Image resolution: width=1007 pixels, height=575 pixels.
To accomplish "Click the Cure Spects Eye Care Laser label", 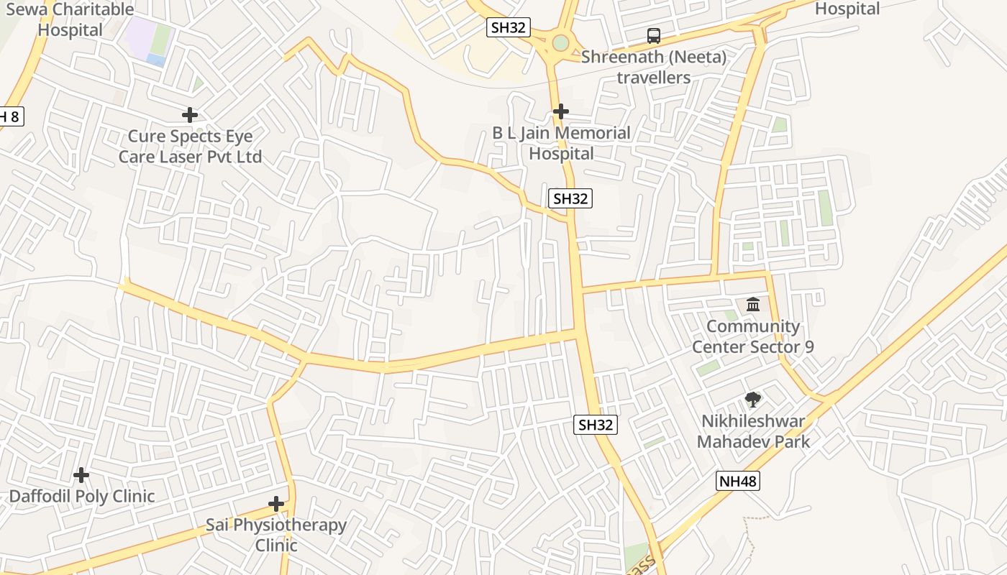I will (190, 147).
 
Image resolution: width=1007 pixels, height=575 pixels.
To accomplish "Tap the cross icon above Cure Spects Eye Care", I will (190, 115).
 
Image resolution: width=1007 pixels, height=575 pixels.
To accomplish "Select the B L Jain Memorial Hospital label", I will (561, 143).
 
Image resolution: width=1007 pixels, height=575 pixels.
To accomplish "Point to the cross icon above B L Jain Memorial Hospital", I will (561, 111).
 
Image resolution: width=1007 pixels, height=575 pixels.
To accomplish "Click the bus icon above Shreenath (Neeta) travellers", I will (653, 36).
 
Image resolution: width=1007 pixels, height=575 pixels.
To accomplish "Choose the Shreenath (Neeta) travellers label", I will (653, 67).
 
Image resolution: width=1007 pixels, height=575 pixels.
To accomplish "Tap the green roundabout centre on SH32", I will (560, 43).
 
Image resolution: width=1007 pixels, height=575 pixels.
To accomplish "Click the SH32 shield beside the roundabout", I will (509, 28).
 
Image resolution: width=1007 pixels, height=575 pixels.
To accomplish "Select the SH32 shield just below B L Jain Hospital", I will (570, 199).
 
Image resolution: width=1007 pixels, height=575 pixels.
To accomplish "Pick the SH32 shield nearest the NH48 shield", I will (596, 425).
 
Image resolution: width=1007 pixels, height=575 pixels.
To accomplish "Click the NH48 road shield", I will (737, 481).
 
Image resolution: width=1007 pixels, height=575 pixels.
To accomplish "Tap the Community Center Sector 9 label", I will (753, 336).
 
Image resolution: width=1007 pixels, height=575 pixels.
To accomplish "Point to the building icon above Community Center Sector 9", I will (753, 305).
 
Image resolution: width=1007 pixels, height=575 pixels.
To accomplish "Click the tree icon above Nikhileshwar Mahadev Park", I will (753, 400).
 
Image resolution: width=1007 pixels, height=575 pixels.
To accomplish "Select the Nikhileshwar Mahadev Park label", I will (753, 431).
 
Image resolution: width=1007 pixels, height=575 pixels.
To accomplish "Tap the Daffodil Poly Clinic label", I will (81, 496).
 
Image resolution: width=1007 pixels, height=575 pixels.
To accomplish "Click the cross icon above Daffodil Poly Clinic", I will (81, 475).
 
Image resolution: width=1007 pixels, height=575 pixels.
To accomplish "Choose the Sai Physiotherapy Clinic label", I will (276, 535).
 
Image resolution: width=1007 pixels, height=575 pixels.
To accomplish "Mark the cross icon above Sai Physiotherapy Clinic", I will (276, 504).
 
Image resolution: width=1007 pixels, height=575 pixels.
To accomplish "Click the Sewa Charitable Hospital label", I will (70, 19).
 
